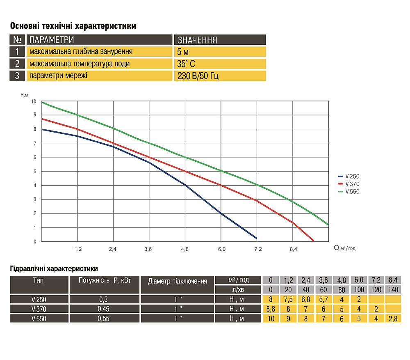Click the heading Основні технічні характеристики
[73, 26]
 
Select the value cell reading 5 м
[220, 52]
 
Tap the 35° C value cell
[220, 64]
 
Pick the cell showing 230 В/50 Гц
[220, 76]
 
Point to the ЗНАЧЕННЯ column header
[220, 40]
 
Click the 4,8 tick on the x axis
[186, 249]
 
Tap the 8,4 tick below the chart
[293, 249]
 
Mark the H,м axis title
[24, 94]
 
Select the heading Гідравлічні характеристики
[53, 269]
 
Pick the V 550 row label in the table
[39, 318]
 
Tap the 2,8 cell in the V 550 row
[393, 318]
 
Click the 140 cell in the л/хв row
[393, 289]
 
